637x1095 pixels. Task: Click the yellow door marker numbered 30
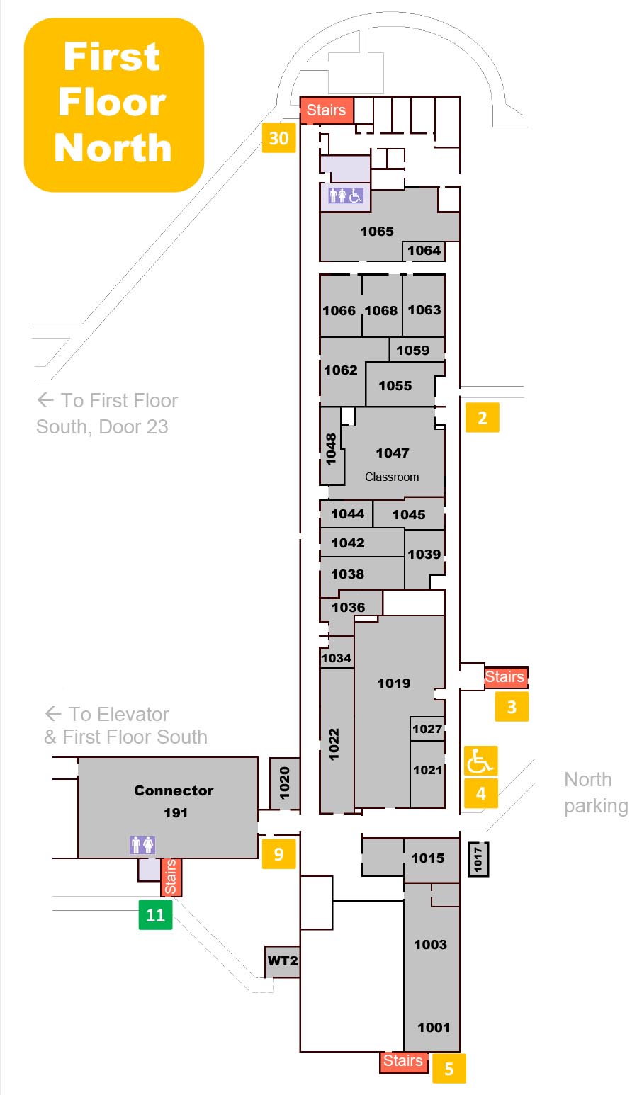278,138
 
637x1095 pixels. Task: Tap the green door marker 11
155,914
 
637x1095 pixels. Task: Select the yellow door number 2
482,417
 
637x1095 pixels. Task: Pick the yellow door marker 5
449,1068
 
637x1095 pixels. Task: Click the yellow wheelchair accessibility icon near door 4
480,761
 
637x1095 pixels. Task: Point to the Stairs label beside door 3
505,677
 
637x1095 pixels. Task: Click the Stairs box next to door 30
326,110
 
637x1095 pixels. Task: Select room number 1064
424,250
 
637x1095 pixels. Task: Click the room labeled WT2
282,961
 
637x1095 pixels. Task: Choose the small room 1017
478,858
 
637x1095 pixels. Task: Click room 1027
427,729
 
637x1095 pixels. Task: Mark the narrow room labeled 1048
331,448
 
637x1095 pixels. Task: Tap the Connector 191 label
174,801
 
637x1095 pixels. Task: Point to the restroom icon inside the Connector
142,844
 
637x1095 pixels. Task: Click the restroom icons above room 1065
345,195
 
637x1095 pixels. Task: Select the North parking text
595,793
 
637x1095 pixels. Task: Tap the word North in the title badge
113,149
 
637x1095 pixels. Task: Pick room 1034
336,658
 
